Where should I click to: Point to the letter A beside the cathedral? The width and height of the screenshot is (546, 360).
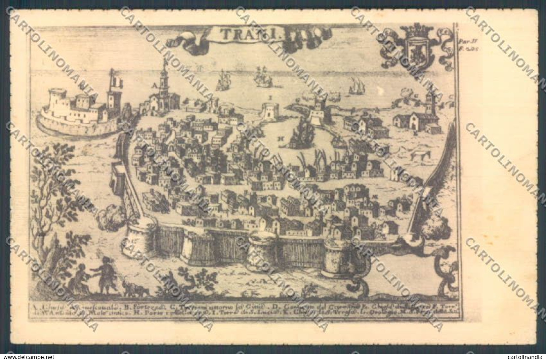coord(155,86)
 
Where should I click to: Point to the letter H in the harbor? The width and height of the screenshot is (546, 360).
coord(279,138)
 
